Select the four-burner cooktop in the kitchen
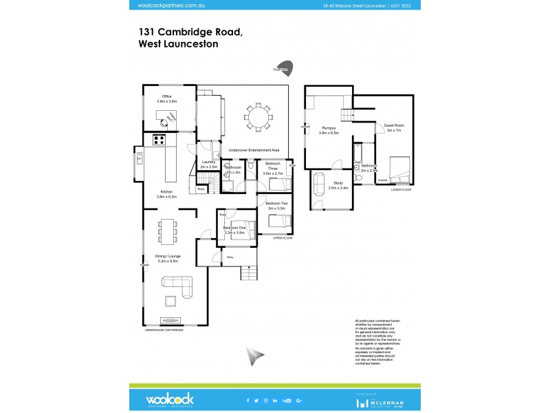(158, 140)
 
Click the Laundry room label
(209, 164)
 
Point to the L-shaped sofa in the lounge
(177, 285)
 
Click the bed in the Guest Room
(398, 168)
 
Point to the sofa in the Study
(320, 183)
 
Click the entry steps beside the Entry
(250, 273)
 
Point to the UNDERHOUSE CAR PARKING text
(164, 330)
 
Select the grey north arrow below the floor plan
(256, 356)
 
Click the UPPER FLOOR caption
(283, 237)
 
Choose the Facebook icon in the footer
(247, 400)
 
